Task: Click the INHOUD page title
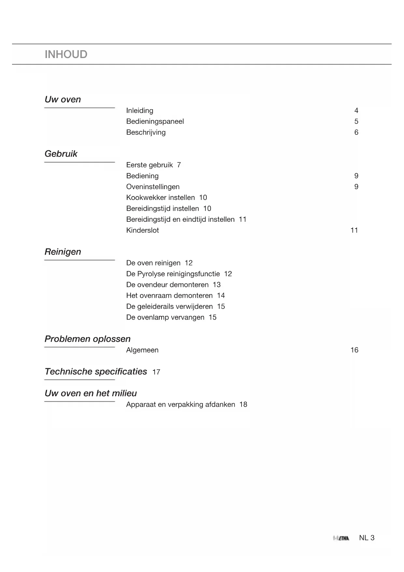(x=66, y=54)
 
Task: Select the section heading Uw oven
(x=63, y=99)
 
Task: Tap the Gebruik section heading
(x=61, y=154)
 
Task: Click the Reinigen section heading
(x=63, y=252)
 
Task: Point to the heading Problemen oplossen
(x=87, y=339)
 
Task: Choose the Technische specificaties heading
(x=96, y=371)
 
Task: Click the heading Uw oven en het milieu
(x=91, y=393)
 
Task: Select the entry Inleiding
(x=140, y=111)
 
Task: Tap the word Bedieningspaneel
(x=155, y=121)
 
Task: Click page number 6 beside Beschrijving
(x=356, y=132)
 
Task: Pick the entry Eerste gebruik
(x=149, y=165)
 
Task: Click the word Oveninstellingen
(x=153, y=187)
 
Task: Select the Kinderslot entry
(x=143, y=230)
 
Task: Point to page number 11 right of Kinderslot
(x=354, y=230)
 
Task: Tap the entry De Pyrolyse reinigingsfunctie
(x=173, y=274)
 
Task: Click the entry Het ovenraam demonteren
(x=169, y=295)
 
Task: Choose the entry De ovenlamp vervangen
(x=165, y=317)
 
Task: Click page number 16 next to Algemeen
(x=354, y=350)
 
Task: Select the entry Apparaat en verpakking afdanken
(x=180, y=404)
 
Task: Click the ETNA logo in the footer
(x=341, y=538)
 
